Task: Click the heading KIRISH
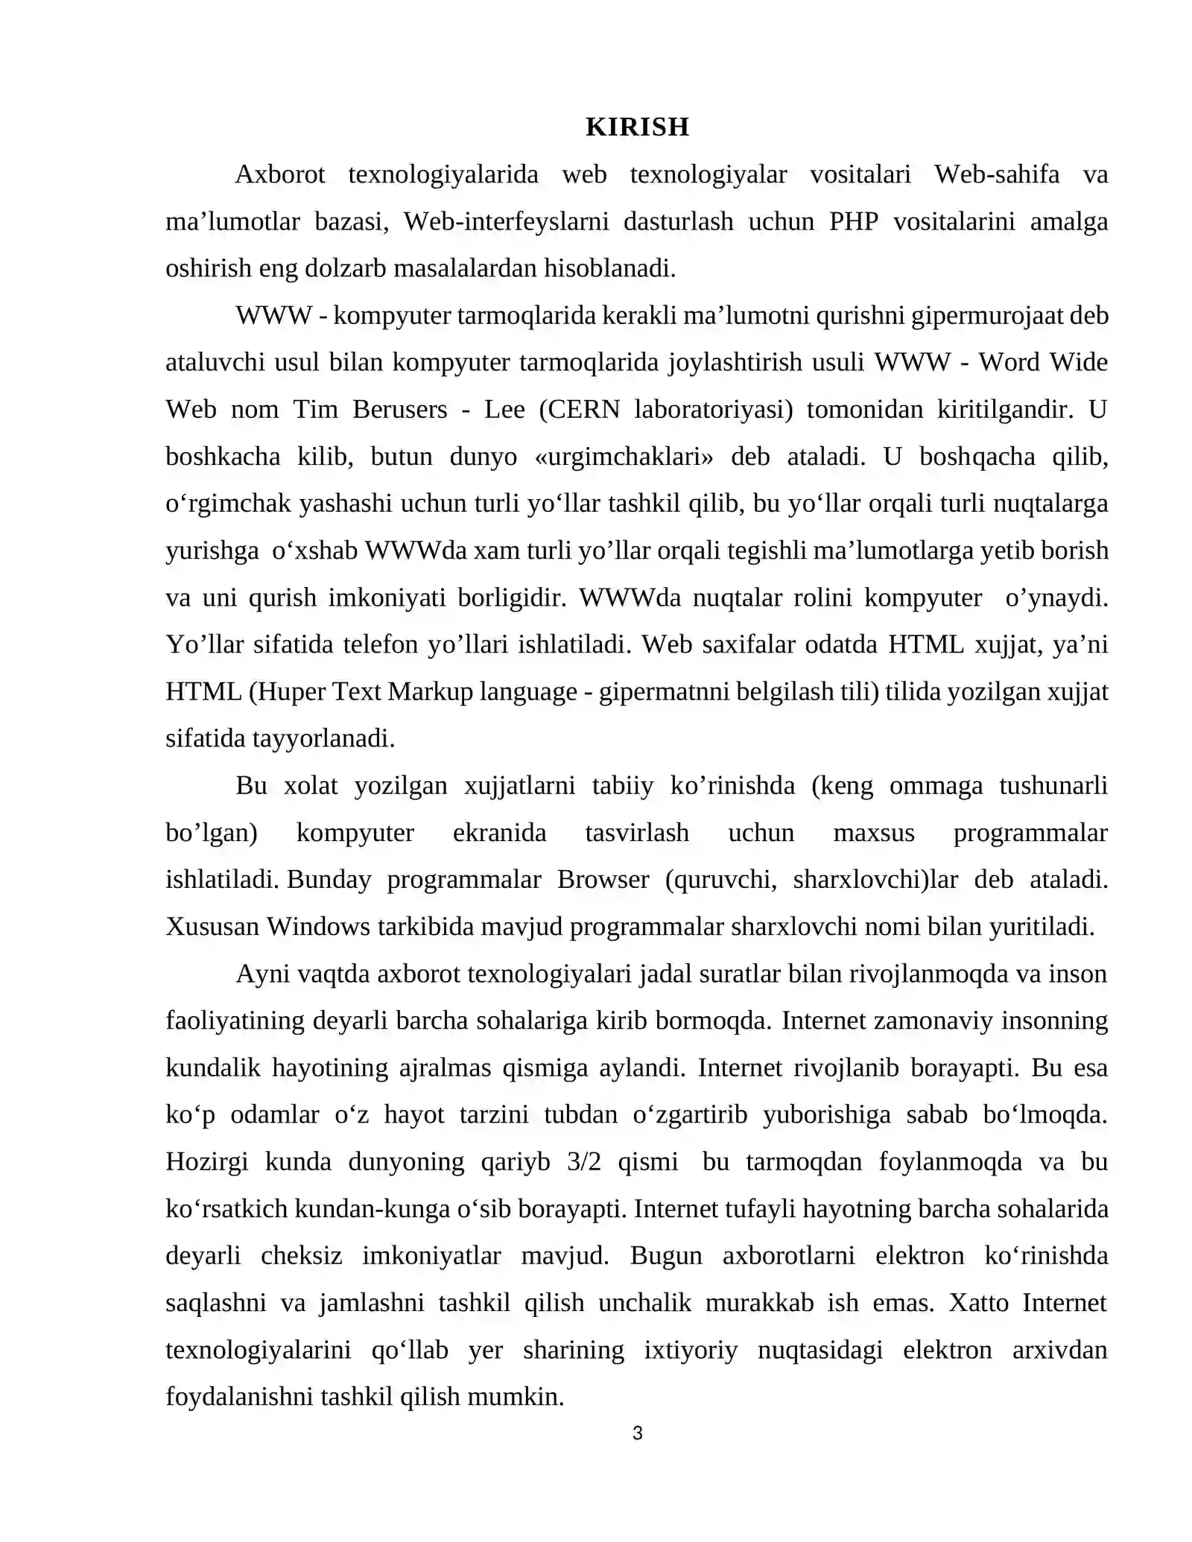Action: [637, 127]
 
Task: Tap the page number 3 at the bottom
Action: [637, 1432]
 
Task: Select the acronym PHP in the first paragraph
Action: [853, 221]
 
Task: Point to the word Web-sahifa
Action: [997, 174]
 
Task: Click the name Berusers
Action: [400, 409]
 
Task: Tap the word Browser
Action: [603, 879]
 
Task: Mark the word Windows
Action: [318, 926]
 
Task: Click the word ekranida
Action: [499, 832]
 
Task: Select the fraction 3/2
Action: [583, 1161]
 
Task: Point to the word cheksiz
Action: [301, 1255]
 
